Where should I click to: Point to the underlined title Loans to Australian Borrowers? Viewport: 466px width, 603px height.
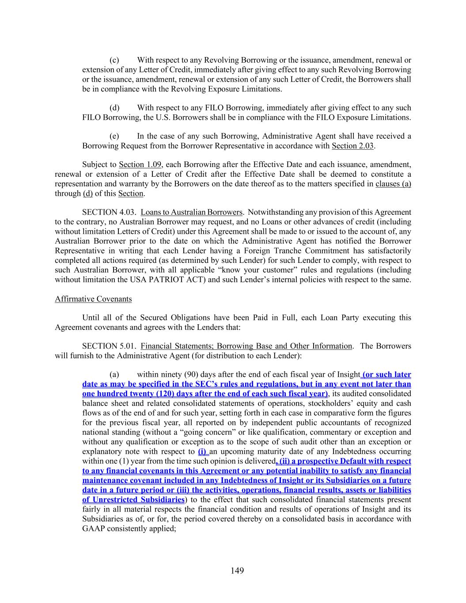[x=192, y=212]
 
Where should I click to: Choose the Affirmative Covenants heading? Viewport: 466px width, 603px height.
[x=93, y=299]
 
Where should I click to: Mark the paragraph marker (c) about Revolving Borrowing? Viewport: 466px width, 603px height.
[x=114, y=60]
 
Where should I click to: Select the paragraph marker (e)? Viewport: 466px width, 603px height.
[x=114, y=136]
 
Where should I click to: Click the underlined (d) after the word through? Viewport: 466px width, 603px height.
[x=87, y=193]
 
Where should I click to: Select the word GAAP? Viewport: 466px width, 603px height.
[x=93, y=528]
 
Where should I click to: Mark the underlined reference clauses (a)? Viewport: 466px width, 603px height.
[x=393, y=184]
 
